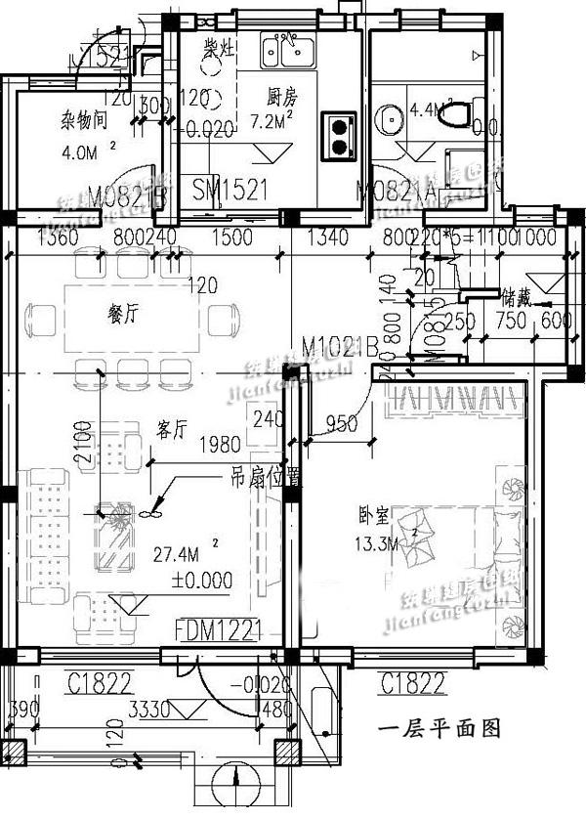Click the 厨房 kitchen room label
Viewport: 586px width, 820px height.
(x=282, y=97)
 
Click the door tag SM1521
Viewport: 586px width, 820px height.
(x=230, y=189)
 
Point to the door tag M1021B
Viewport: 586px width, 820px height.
(x=340, y=347)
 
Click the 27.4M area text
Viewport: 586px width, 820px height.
(x=179, y=554)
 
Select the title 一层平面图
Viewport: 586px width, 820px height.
(x=439, y=728)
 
